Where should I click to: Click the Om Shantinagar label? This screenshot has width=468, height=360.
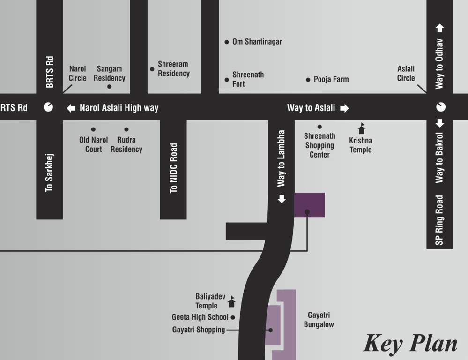point(257,42)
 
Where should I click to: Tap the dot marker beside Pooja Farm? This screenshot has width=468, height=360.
point(308,80)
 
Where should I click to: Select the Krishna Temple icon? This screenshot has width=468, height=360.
point(361,128)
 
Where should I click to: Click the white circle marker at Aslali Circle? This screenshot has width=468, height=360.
point(440,107)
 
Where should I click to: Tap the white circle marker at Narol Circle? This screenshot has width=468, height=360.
point(48,107)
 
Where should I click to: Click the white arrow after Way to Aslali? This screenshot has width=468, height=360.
point(344,108)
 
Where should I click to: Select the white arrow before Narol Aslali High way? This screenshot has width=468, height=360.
point(71,108)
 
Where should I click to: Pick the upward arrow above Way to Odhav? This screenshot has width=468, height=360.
point(439,28)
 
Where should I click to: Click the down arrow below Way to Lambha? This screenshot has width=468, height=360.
point(282,199)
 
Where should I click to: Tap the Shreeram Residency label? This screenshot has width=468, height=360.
point(173,69)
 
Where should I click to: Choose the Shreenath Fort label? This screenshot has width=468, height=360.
point(248,79)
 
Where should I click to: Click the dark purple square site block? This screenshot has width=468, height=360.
point(309,204)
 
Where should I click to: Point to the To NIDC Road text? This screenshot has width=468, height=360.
point(174,168)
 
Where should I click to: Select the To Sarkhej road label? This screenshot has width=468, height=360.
point(49,172)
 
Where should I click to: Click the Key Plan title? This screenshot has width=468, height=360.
point(410,343)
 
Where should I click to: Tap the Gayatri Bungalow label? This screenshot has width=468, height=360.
point(319,320)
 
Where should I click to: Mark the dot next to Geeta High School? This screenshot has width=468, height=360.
point(233,317)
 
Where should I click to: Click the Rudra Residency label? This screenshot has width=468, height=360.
point(126,144)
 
